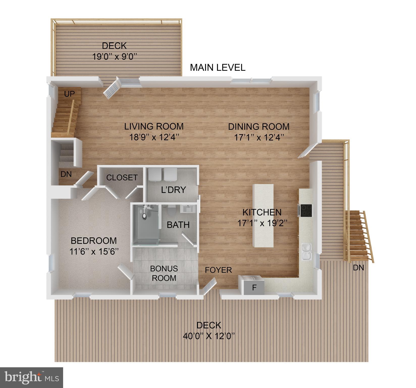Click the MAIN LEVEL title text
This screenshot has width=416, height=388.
[x=217, y=68]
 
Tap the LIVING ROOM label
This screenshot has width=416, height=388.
[x=154, y=126]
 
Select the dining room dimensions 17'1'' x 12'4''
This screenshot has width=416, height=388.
[x=259, y=137]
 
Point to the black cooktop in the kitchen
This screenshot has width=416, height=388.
[x=306, y=210]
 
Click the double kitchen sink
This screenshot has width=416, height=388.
[x=307, y=251]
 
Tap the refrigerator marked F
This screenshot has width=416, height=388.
[x=254, y=287]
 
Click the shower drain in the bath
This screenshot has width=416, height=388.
[x=144, y=216]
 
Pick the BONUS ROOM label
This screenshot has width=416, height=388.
[x=164, y=273]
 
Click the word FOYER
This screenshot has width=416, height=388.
[x=218, y=270]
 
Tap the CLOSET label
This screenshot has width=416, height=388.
[x=122, y=178]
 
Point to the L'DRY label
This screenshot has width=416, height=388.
[x=173, y=190]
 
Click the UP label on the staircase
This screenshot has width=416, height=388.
[x=69, y=94]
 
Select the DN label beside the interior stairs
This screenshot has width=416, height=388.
[x=66, y=174]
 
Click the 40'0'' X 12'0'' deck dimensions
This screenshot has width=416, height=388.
[x=209, y=336]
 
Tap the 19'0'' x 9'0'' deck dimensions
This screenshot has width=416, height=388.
[x=115, y=56]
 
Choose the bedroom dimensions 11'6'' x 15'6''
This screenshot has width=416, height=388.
[x=94, y=251]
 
